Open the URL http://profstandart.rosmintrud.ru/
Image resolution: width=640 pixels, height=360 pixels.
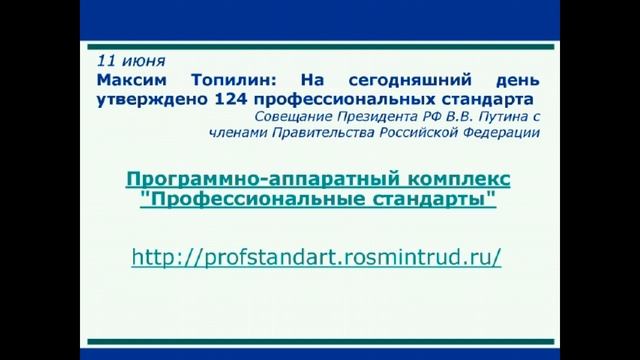[x=316, y=257]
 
